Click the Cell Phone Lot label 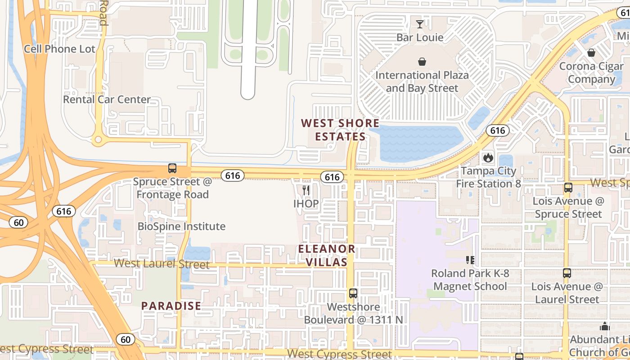tap(60, 49)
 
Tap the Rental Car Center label tap(107, 99)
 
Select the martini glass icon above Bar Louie tap(420, 24)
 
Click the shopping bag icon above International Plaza tap(422, 62)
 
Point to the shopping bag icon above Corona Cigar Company tap(591, 53)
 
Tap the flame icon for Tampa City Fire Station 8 tap(488, 158)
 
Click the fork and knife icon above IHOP tap(306, 190)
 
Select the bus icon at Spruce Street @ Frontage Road tap(172, 169)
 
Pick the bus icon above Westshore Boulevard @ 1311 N tap(353, 293)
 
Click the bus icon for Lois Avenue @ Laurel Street tap(567, 273)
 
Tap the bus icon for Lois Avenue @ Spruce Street tap(568, 188)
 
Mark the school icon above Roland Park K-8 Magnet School tap(470, 260)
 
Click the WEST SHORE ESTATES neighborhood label tap(340, 130)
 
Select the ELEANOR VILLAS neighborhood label tap(327, 256)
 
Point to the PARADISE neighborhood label tap(171, 306)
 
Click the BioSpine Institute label tap(181, 226)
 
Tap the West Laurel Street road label tap(161, 264)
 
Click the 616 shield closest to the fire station tap(497, 130)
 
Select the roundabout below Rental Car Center tap(98, 140)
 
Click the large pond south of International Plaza tap(418, 143)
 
